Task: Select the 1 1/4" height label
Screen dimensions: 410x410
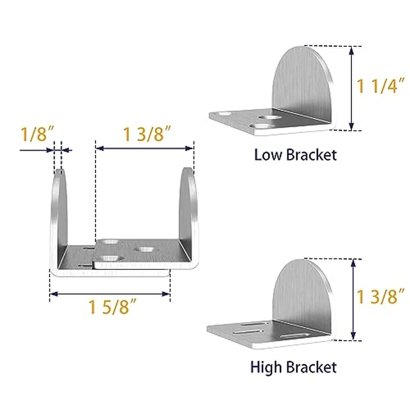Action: (x=381, y=86)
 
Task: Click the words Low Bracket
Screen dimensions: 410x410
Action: (x=295, y=155)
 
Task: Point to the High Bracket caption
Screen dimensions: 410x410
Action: (x=293, y=367)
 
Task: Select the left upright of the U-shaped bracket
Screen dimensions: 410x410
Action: (x=59, y=217)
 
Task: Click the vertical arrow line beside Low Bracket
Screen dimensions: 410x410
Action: (x=351, y=88)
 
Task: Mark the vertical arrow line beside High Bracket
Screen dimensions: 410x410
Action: (x=353, y=299)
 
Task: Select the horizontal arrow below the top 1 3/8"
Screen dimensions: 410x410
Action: (x=145, y=149)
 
